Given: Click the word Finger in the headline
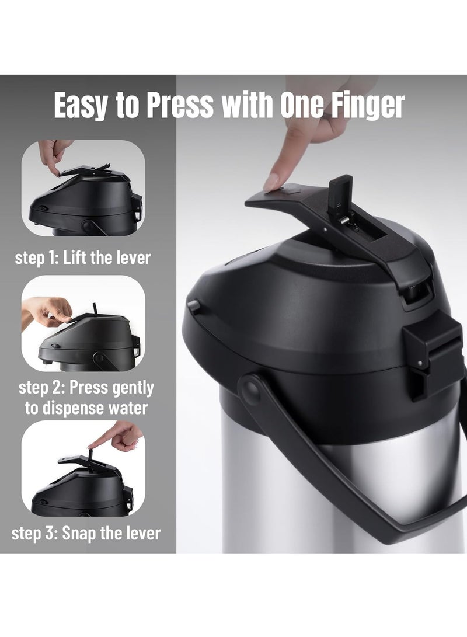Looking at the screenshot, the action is [367, 105].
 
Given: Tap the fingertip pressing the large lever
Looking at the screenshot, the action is [271, 183].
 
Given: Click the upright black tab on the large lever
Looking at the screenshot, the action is [340, 190].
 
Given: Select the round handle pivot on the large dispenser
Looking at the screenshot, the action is [251, 389].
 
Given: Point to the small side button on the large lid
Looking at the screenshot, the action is [193, 305].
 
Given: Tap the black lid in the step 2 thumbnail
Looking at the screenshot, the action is [90, 340].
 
